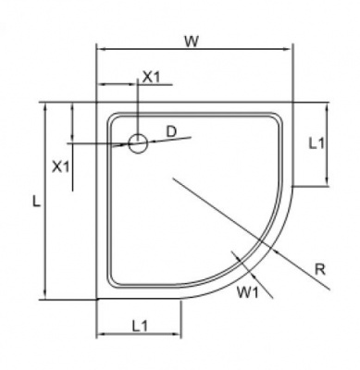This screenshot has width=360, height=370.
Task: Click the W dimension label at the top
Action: (x=192, y=42)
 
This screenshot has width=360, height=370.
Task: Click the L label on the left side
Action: (x=37, y=202)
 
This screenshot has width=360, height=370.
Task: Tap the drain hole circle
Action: (x=138, y=143)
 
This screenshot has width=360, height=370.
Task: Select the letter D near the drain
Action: (x=171, y=131)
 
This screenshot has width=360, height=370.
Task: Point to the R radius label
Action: (x=320, y=270)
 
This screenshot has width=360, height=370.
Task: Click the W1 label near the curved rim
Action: (x=247, y=292)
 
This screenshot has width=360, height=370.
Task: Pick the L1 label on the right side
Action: (x=317, y=143)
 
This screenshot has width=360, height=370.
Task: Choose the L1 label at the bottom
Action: (x=140, y=326)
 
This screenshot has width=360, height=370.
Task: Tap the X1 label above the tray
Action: (x=152, y=77)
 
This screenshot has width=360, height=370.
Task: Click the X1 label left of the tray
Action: (x=61, y=167)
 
